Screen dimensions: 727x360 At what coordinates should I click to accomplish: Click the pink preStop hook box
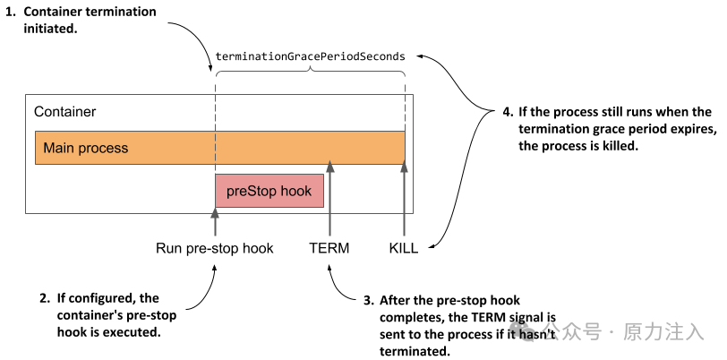[x=269, y=191]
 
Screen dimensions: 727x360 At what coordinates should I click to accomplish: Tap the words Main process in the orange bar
[x=86, y=148]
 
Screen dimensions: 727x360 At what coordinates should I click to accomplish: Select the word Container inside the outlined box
[x=64, y=112]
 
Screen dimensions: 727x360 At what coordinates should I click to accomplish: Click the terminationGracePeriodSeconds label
[x=310, y=56]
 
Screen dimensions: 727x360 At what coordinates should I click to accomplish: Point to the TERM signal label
[x=329, y=248]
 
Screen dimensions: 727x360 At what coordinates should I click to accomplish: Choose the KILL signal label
[x=404, y=248]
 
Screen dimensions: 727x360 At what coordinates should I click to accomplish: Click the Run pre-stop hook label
[x=215, y=248]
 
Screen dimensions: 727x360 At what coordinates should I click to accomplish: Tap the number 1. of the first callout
[x=11, y=12]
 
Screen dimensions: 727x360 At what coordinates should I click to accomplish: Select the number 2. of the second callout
[x=45, y=298]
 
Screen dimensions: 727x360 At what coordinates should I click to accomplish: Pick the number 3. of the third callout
[x=368, y=301]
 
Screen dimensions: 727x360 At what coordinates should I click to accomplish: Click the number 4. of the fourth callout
[x=509, y=112]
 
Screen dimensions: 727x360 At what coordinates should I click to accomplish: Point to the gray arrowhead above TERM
[x=329, y=166]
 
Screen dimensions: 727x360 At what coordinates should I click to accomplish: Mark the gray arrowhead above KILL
[x=405, y=166]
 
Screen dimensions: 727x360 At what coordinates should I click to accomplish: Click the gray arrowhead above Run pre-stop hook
[x=215, y=213]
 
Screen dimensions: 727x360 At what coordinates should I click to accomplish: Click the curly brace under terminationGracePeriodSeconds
[x=310, y=70]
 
